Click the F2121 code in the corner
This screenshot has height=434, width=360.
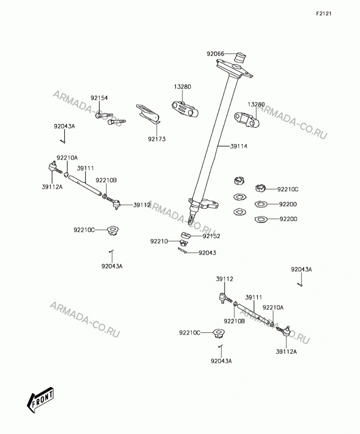pos(324,13)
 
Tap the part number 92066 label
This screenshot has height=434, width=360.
pos(215,54)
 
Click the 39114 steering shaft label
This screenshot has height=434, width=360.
pos(239,146)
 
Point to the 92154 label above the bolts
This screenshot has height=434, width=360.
pos(99,98)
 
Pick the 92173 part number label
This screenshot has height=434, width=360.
pos(157,139)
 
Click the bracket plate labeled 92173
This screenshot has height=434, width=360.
pos(148,114)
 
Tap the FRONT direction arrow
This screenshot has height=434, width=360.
pos(40,400)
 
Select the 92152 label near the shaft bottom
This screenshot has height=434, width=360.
pos(211,236)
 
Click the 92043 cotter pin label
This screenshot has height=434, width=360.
pos(207,253)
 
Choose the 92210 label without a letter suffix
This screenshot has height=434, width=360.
pos(159,241)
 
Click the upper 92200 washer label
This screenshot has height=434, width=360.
pos(288,204)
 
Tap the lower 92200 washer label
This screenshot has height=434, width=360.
pos(288,219)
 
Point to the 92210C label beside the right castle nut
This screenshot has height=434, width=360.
pos(288,189)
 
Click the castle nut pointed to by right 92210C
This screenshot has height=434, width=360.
pos(260,188)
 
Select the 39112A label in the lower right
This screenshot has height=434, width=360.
pos(286,352)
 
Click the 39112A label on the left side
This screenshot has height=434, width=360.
pos(52,187)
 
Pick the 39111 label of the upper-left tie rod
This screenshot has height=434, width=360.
pos(85,168)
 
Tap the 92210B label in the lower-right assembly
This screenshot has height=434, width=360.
pos(234,321)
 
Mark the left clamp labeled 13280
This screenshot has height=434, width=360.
pos(185,108)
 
